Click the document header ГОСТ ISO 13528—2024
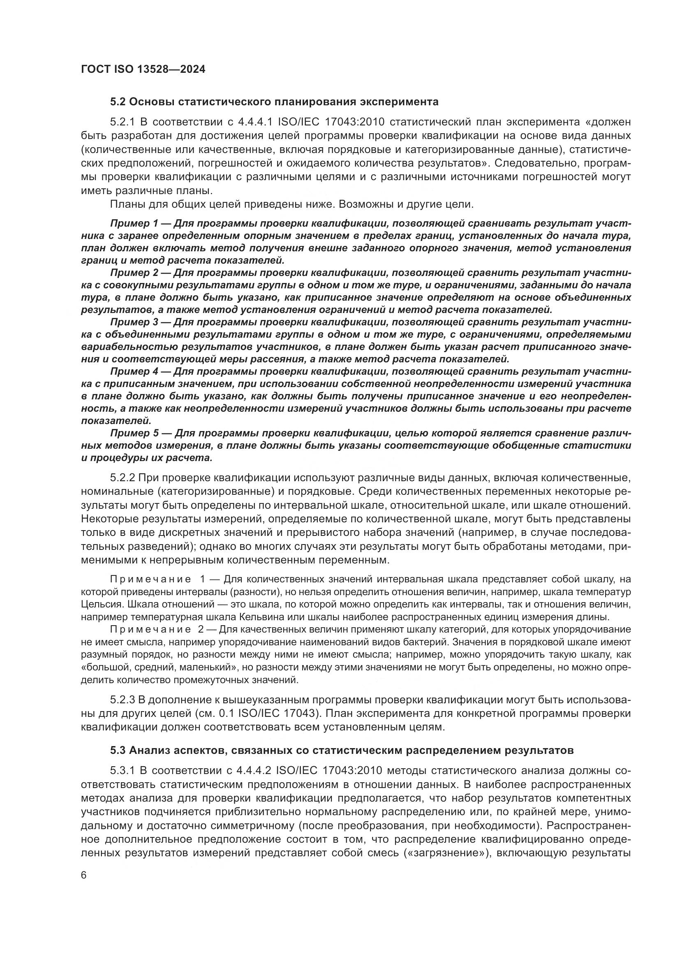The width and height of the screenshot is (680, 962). pos(143,70)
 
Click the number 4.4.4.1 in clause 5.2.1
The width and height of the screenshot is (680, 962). pos(255,122)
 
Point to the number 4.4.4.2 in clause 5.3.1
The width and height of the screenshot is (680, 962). pos(254,771)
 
